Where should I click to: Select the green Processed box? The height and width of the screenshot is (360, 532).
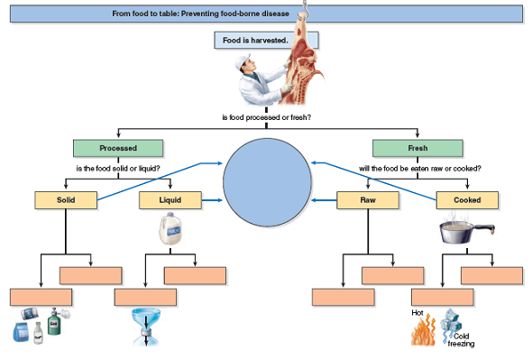tap(117, 148)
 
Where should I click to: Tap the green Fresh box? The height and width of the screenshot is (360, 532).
tap(417, 148)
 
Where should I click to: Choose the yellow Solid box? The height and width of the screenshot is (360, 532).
tap(65, 199)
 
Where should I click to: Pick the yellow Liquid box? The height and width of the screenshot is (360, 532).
tap(170, 199)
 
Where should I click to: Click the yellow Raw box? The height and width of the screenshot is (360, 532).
tap(367, 199)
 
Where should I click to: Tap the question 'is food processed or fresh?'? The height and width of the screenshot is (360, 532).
tap(266, 117)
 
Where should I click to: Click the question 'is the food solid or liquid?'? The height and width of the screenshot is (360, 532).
tap(117, 168)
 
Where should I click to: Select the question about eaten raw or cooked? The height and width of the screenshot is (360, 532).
tap(418, 168)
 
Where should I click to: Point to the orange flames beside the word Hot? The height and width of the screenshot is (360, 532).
tap(423, 333)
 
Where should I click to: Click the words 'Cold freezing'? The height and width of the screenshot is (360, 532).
tap(461, 340)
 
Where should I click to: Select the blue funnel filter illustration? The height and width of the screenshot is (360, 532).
tap(144, 324)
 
